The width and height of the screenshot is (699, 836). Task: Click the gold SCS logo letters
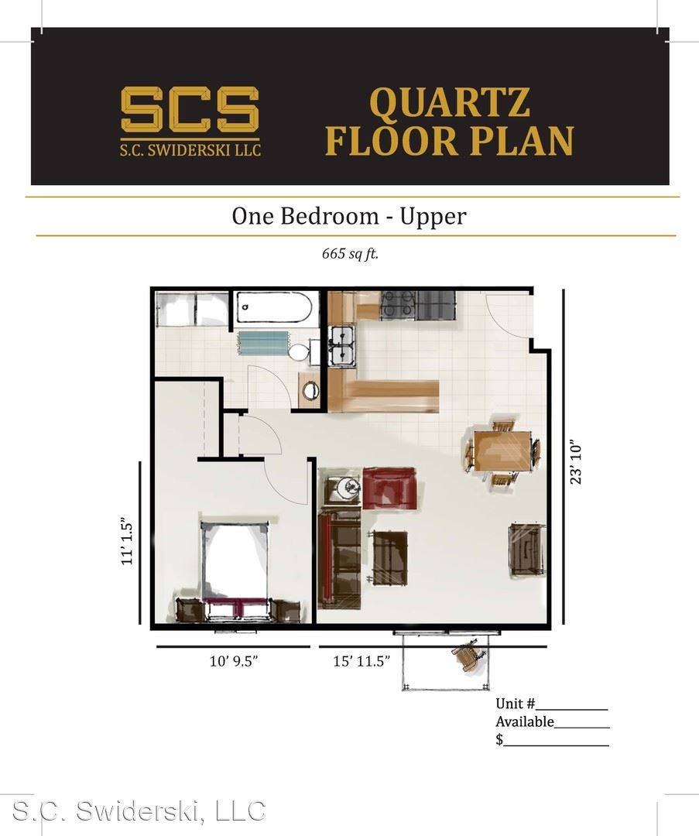190,109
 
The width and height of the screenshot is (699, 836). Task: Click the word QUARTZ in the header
450,103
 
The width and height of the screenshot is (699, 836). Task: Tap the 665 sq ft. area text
350,254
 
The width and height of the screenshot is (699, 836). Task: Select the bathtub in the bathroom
274,307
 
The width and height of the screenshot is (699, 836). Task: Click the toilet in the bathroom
301,352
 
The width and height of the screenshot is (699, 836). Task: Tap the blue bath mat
263,342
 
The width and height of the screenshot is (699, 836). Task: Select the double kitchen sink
342,346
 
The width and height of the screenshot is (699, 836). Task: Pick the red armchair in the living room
389,488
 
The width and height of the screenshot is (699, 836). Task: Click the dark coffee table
390,557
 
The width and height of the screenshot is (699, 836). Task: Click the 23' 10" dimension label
575,461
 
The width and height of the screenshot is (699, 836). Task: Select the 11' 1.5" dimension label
126,540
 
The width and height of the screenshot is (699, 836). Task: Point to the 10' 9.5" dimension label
234,661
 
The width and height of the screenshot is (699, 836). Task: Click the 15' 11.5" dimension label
361,661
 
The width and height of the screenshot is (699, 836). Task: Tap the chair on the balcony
469,655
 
